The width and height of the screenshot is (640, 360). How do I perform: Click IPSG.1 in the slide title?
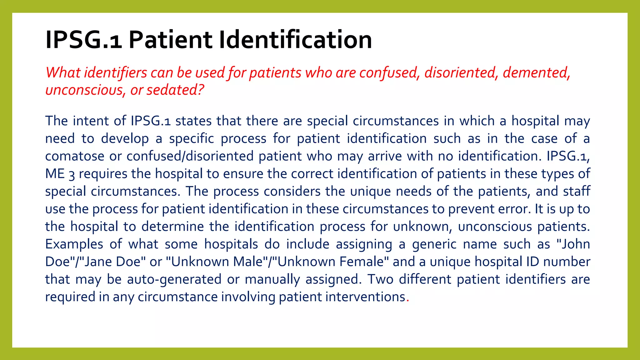click(x=83, y=40)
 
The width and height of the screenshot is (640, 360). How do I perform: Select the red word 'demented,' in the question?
click(x=536, y=73)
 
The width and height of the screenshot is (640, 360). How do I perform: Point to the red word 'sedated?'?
click(x=175, y=90)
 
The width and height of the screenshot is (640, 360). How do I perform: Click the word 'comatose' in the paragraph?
click(x=74, y=156)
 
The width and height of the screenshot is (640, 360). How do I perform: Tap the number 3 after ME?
click(x=72, y=174)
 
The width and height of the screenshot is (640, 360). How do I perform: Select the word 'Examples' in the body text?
click(x=74, y=244)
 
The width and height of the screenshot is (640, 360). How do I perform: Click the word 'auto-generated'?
click(x=174, y=279)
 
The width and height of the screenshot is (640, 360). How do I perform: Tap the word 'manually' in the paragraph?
click(x=272, y=279)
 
